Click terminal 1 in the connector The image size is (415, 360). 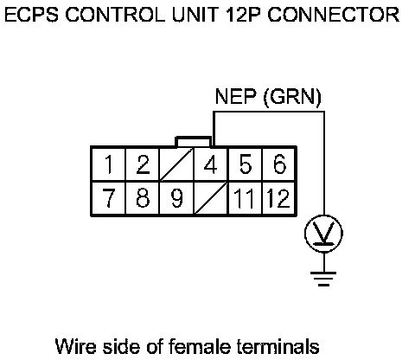click(109, 164)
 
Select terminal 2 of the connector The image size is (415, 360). click(143, 164)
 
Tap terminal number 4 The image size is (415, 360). click(211, 164)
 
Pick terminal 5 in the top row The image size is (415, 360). click(245, 164)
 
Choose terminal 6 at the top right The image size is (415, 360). click(279, 164)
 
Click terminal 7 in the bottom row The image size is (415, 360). click(109, 198)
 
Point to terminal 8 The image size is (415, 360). click(143, 198)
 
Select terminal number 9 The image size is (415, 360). click(176, 198)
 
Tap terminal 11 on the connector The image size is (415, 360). click(245, 198)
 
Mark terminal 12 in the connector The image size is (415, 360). click(279, 198)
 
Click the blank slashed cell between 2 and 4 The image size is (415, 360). click(176, 164)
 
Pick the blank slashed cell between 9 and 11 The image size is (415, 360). click(211, 198)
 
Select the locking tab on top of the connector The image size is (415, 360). click(194, 141)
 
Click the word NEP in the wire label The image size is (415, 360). click(236, 96)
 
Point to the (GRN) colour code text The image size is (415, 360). click(292, 97)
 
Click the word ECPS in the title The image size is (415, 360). click(32, 15)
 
